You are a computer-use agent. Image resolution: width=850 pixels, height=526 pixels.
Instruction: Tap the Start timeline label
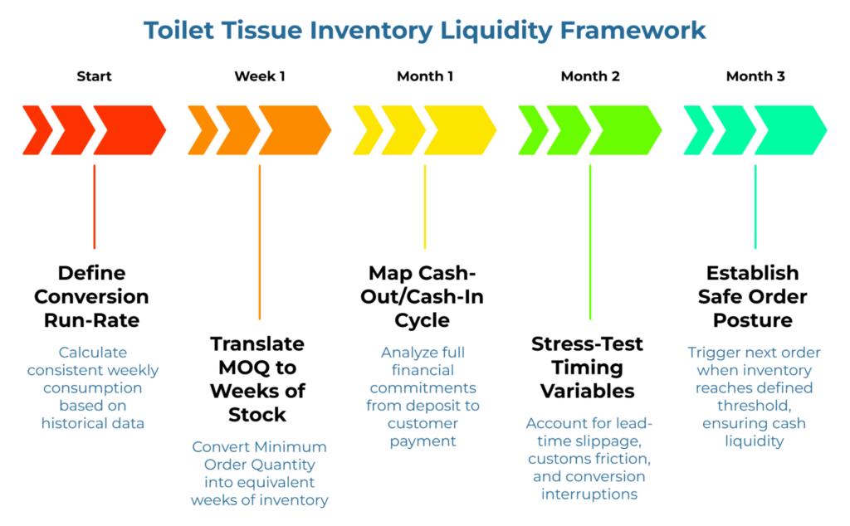pyautogui.click(x=94, y=76)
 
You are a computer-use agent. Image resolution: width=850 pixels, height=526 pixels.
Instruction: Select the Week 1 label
pyautogui.click(x=259, y=76)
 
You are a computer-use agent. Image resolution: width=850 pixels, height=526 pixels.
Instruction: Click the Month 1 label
pyautogui.click(x=424, y=76)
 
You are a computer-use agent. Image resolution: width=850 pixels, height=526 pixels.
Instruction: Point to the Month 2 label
pyautogui.click(x=590, y=76)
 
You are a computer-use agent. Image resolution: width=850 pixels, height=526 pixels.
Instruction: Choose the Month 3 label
pyautogui.click(x=755, y=76)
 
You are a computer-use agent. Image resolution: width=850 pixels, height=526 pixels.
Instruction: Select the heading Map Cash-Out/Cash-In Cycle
pyautogui.click(x=424, y=296)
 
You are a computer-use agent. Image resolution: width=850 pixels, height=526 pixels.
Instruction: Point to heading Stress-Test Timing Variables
pyautogui.click(x=588, y=367)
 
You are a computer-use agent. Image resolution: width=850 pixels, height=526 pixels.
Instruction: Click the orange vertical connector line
pyautogui.click(x=259, y=241)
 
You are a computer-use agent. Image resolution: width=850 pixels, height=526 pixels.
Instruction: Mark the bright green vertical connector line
pyautogui.click(x=590, y=241)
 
